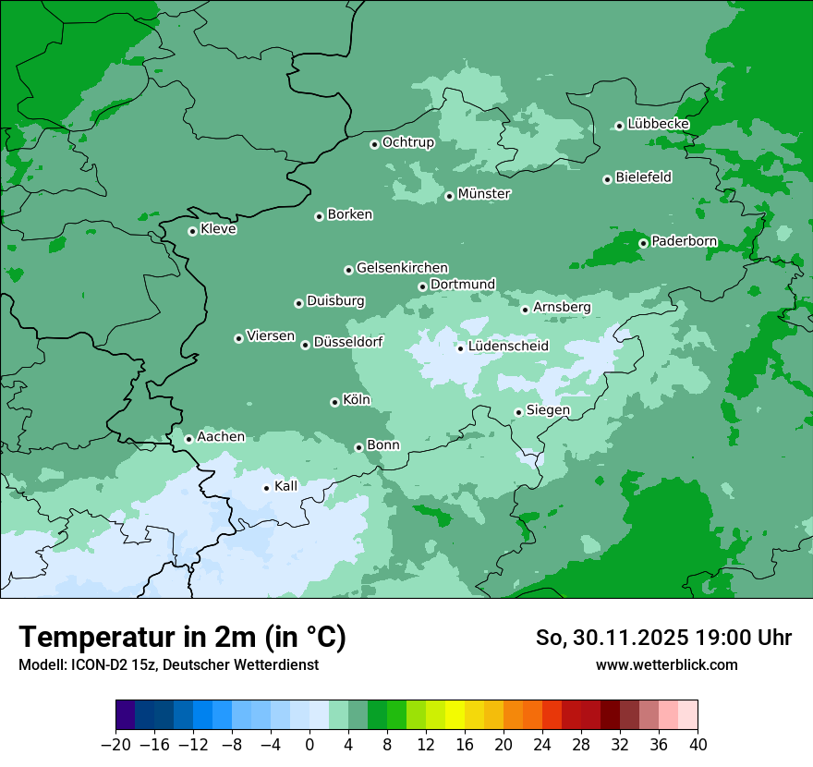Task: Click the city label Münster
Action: pyautogui.click(x=484, y=194)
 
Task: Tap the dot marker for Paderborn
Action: pyautogui.click(x=643, y=243)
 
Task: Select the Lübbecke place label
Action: pyautogui.click(x=658, y=124)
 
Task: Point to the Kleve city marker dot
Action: pyautogui.click(x=192, y=231)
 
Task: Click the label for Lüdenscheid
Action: pyautogui.click(x=508, y=347)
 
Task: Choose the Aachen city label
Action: pyautogui.click(x=221, y=437)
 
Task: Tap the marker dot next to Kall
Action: pyautogui.click(x=266, y=488)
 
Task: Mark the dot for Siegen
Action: pyautogui.click(x=518, y=412)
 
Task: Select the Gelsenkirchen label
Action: pyautogui.click(x=402, y=268)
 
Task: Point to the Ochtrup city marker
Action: pyautogui.click(x=374, y=143)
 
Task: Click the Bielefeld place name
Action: pyautogui.click(x=643, y=177)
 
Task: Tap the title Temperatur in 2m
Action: pyautogui.click(x=182, y=638)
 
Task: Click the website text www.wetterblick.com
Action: pyautogui.click(x=666, y=664)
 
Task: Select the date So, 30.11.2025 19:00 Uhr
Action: pyautogui.click(x=663, y=638)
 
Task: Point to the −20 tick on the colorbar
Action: pyautogui.click(x=116, y=745)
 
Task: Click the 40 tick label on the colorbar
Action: pyautogui.click(x=698, y=745)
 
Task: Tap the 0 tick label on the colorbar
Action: pyautogui.click(x=309, y=745)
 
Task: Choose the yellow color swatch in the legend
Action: pyautogui.click(x=455, y=715)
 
